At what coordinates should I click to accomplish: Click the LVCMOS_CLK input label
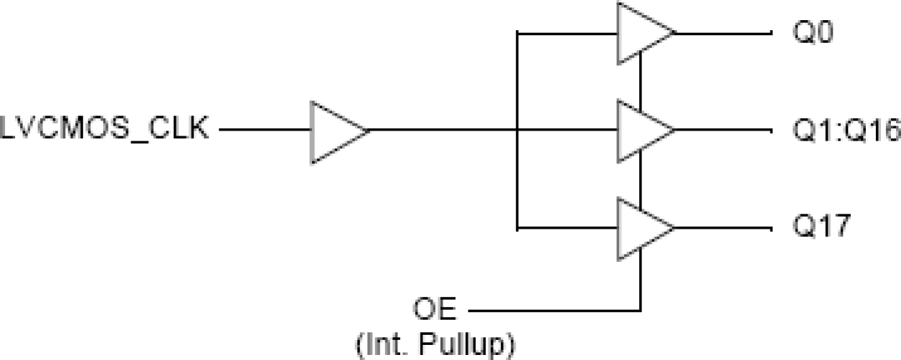point(105,131)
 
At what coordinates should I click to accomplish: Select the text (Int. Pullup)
point(435,346)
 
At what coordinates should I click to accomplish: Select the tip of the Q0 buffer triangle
point(673,33)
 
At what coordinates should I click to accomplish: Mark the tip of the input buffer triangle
point(367,131)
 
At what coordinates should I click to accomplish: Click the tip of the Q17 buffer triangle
point(673,229)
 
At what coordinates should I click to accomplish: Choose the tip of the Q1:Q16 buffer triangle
point(673,131)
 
